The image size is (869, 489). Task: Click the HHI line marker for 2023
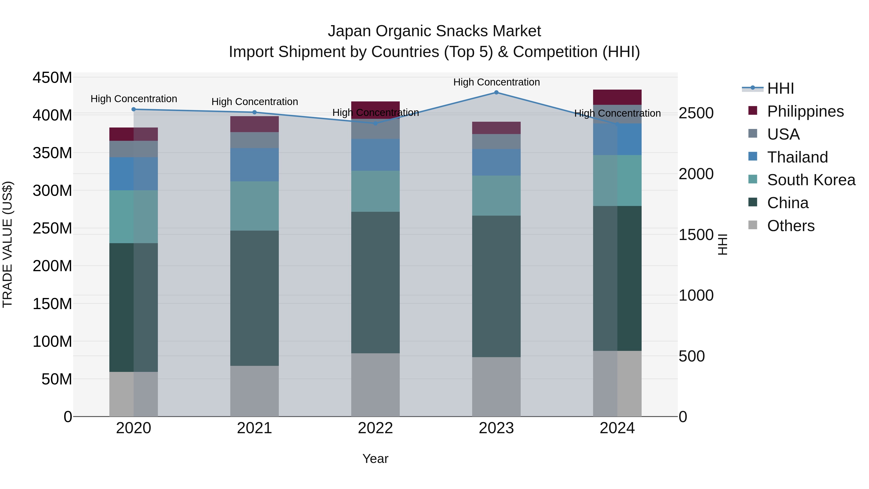pyautogui.click(x=496, y=92)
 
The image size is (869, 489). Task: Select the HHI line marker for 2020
pyautogui.click(x=133, y=109)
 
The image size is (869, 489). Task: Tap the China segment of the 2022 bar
pyautogui.click(x=375, y=283)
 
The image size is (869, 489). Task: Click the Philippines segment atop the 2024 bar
pyautogui.click(x=617, y=97)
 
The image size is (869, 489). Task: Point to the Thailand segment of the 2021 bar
pyautogui.click(x=254, y=165)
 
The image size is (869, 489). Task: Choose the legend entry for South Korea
pyautogui.click(x=811, y=180)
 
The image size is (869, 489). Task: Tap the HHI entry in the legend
pyautogui.click(x=780, y=88)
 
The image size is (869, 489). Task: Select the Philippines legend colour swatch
pyautogui.click(x=753, y=111)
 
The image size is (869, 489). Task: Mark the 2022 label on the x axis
pyautogui.click(x=375, y=428)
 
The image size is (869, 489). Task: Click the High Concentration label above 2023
pyautogui.click(x=496, y=82)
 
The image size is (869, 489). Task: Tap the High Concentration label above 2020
pyautogui.click(x=133, y=99)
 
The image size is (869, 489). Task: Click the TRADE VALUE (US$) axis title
pyautogui.click(x=7, y=244)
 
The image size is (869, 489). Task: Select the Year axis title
pyautogui.click(x=375, y=459)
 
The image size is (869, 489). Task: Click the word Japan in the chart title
pyautogui.click(x=350, y=31)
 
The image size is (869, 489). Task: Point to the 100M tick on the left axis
pyautogui.click(x=52, y=341)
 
